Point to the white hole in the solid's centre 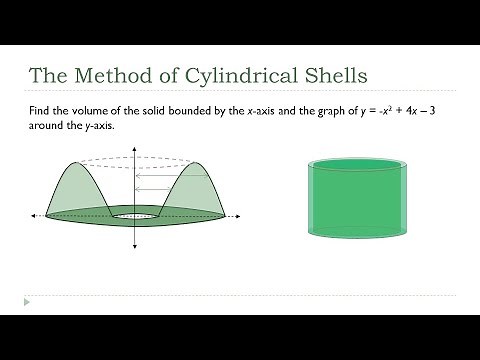tap(134, 215)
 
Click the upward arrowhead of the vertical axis tap(134, 151)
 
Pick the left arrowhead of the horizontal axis tap(34, 215)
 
